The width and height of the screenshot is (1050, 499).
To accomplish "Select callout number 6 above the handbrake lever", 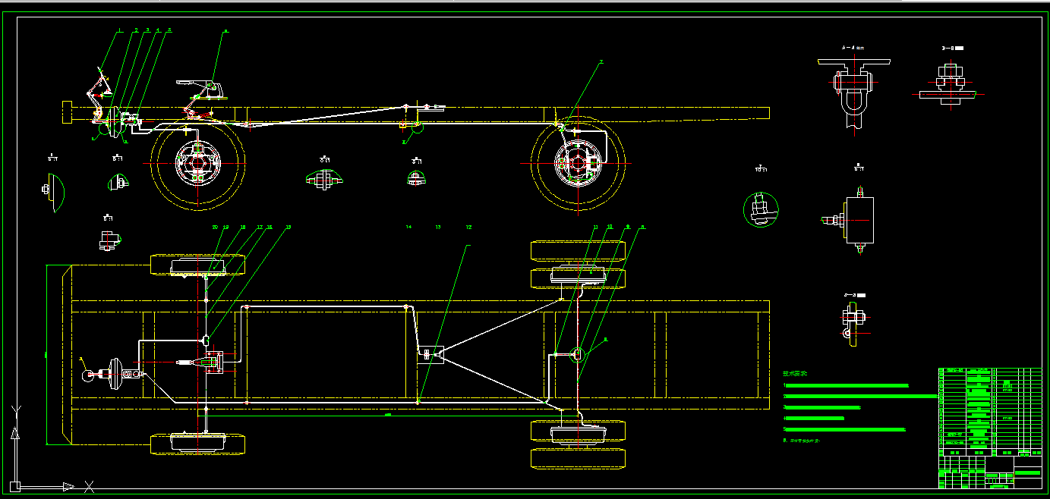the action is [225, 32].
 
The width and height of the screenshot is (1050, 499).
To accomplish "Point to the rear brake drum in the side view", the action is [578, 162].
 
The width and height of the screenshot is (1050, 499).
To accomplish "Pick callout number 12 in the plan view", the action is [468, 227].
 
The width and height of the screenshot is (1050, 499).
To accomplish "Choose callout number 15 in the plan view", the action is [288, 227].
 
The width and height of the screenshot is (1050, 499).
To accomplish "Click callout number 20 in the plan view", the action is [215, 227].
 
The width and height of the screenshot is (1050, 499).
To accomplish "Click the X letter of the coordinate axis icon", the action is [90, 486].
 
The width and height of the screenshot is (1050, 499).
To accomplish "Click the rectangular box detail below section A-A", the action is [859, 220].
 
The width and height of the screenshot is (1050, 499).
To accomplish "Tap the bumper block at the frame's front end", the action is [67, 112].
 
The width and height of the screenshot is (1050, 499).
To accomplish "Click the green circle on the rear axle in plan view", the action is [577, 353].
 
